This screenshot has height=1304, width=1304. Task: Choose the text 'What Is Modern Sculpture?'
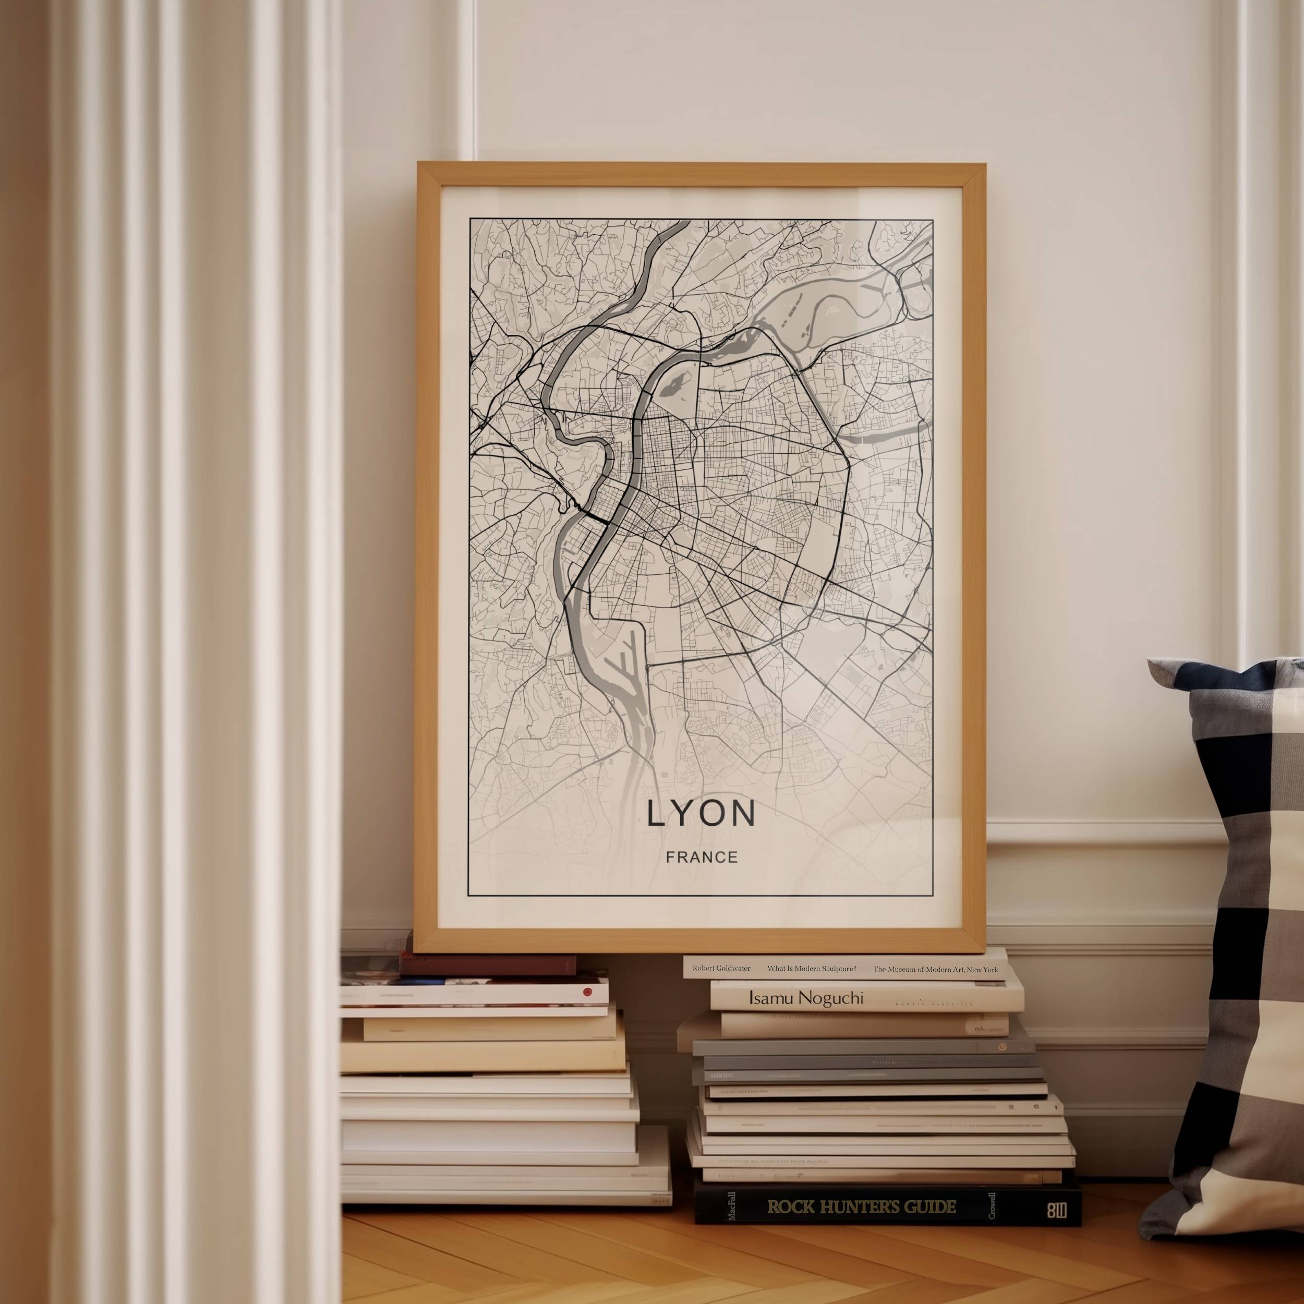[x=811, y=969]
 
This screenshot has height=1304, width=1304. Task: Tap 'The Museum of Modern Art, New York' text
[x=935, y=969]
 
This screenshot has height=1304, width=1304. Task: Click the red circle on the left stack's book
[x=586, y=992]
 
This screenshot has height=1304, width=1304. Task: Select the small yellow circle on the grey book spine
[x=1003, y=1047]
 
